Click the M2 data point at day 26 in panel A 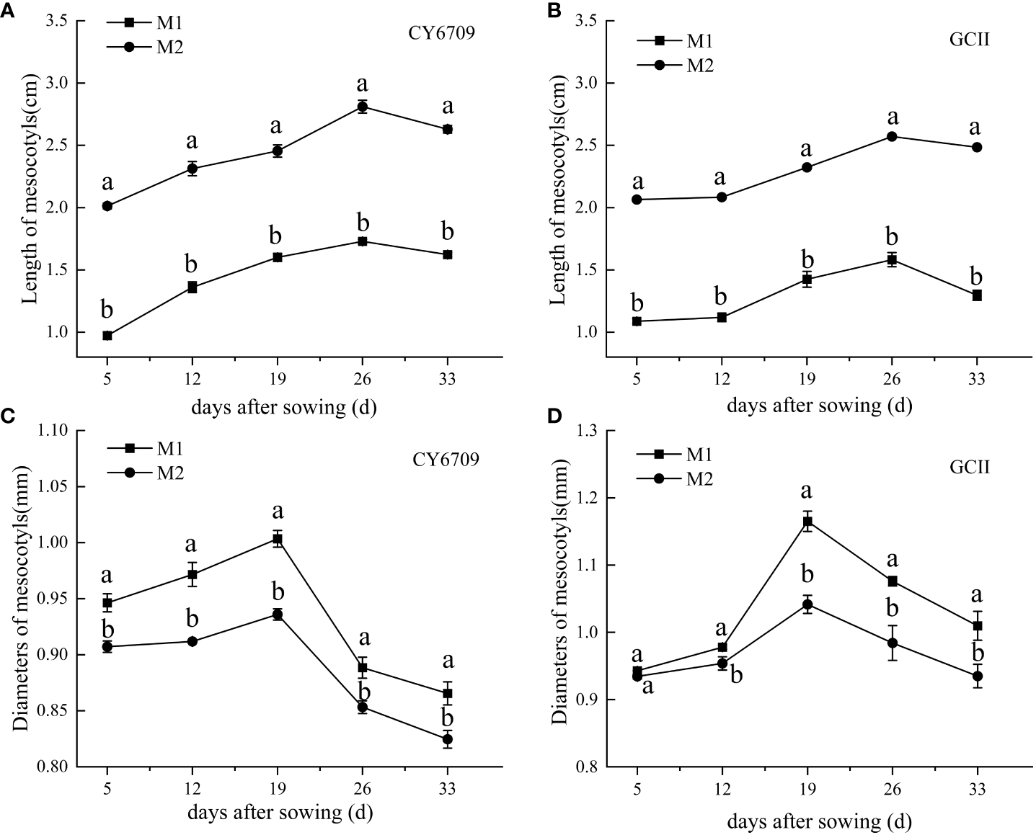pos(363,107)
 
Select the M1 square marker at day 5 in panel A pos(107,336)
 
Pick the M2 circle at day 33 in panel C pos(448,739)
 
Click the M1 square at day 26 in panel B pos(892,259)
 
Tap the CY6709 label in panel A pos(443,32)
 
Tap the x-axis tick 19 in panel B pos(807,379)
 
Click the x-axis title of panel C pos(280,813)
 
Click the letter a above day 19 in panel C pos(278,512)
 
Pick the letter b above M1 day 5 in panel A pos(107,310)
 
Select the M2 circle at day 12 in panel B pos(722,197)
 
